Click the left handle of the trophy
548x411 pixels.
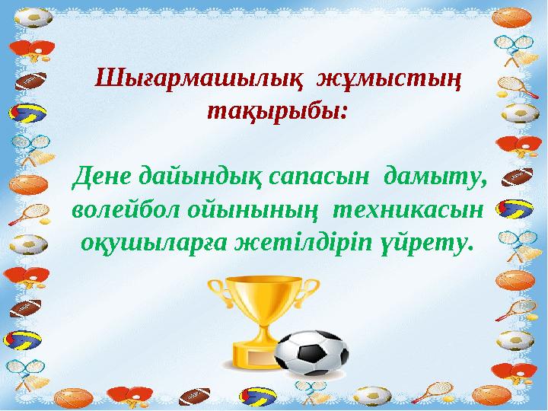pos(219,292)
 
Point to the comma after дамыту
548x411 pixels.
pos(481,183)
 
